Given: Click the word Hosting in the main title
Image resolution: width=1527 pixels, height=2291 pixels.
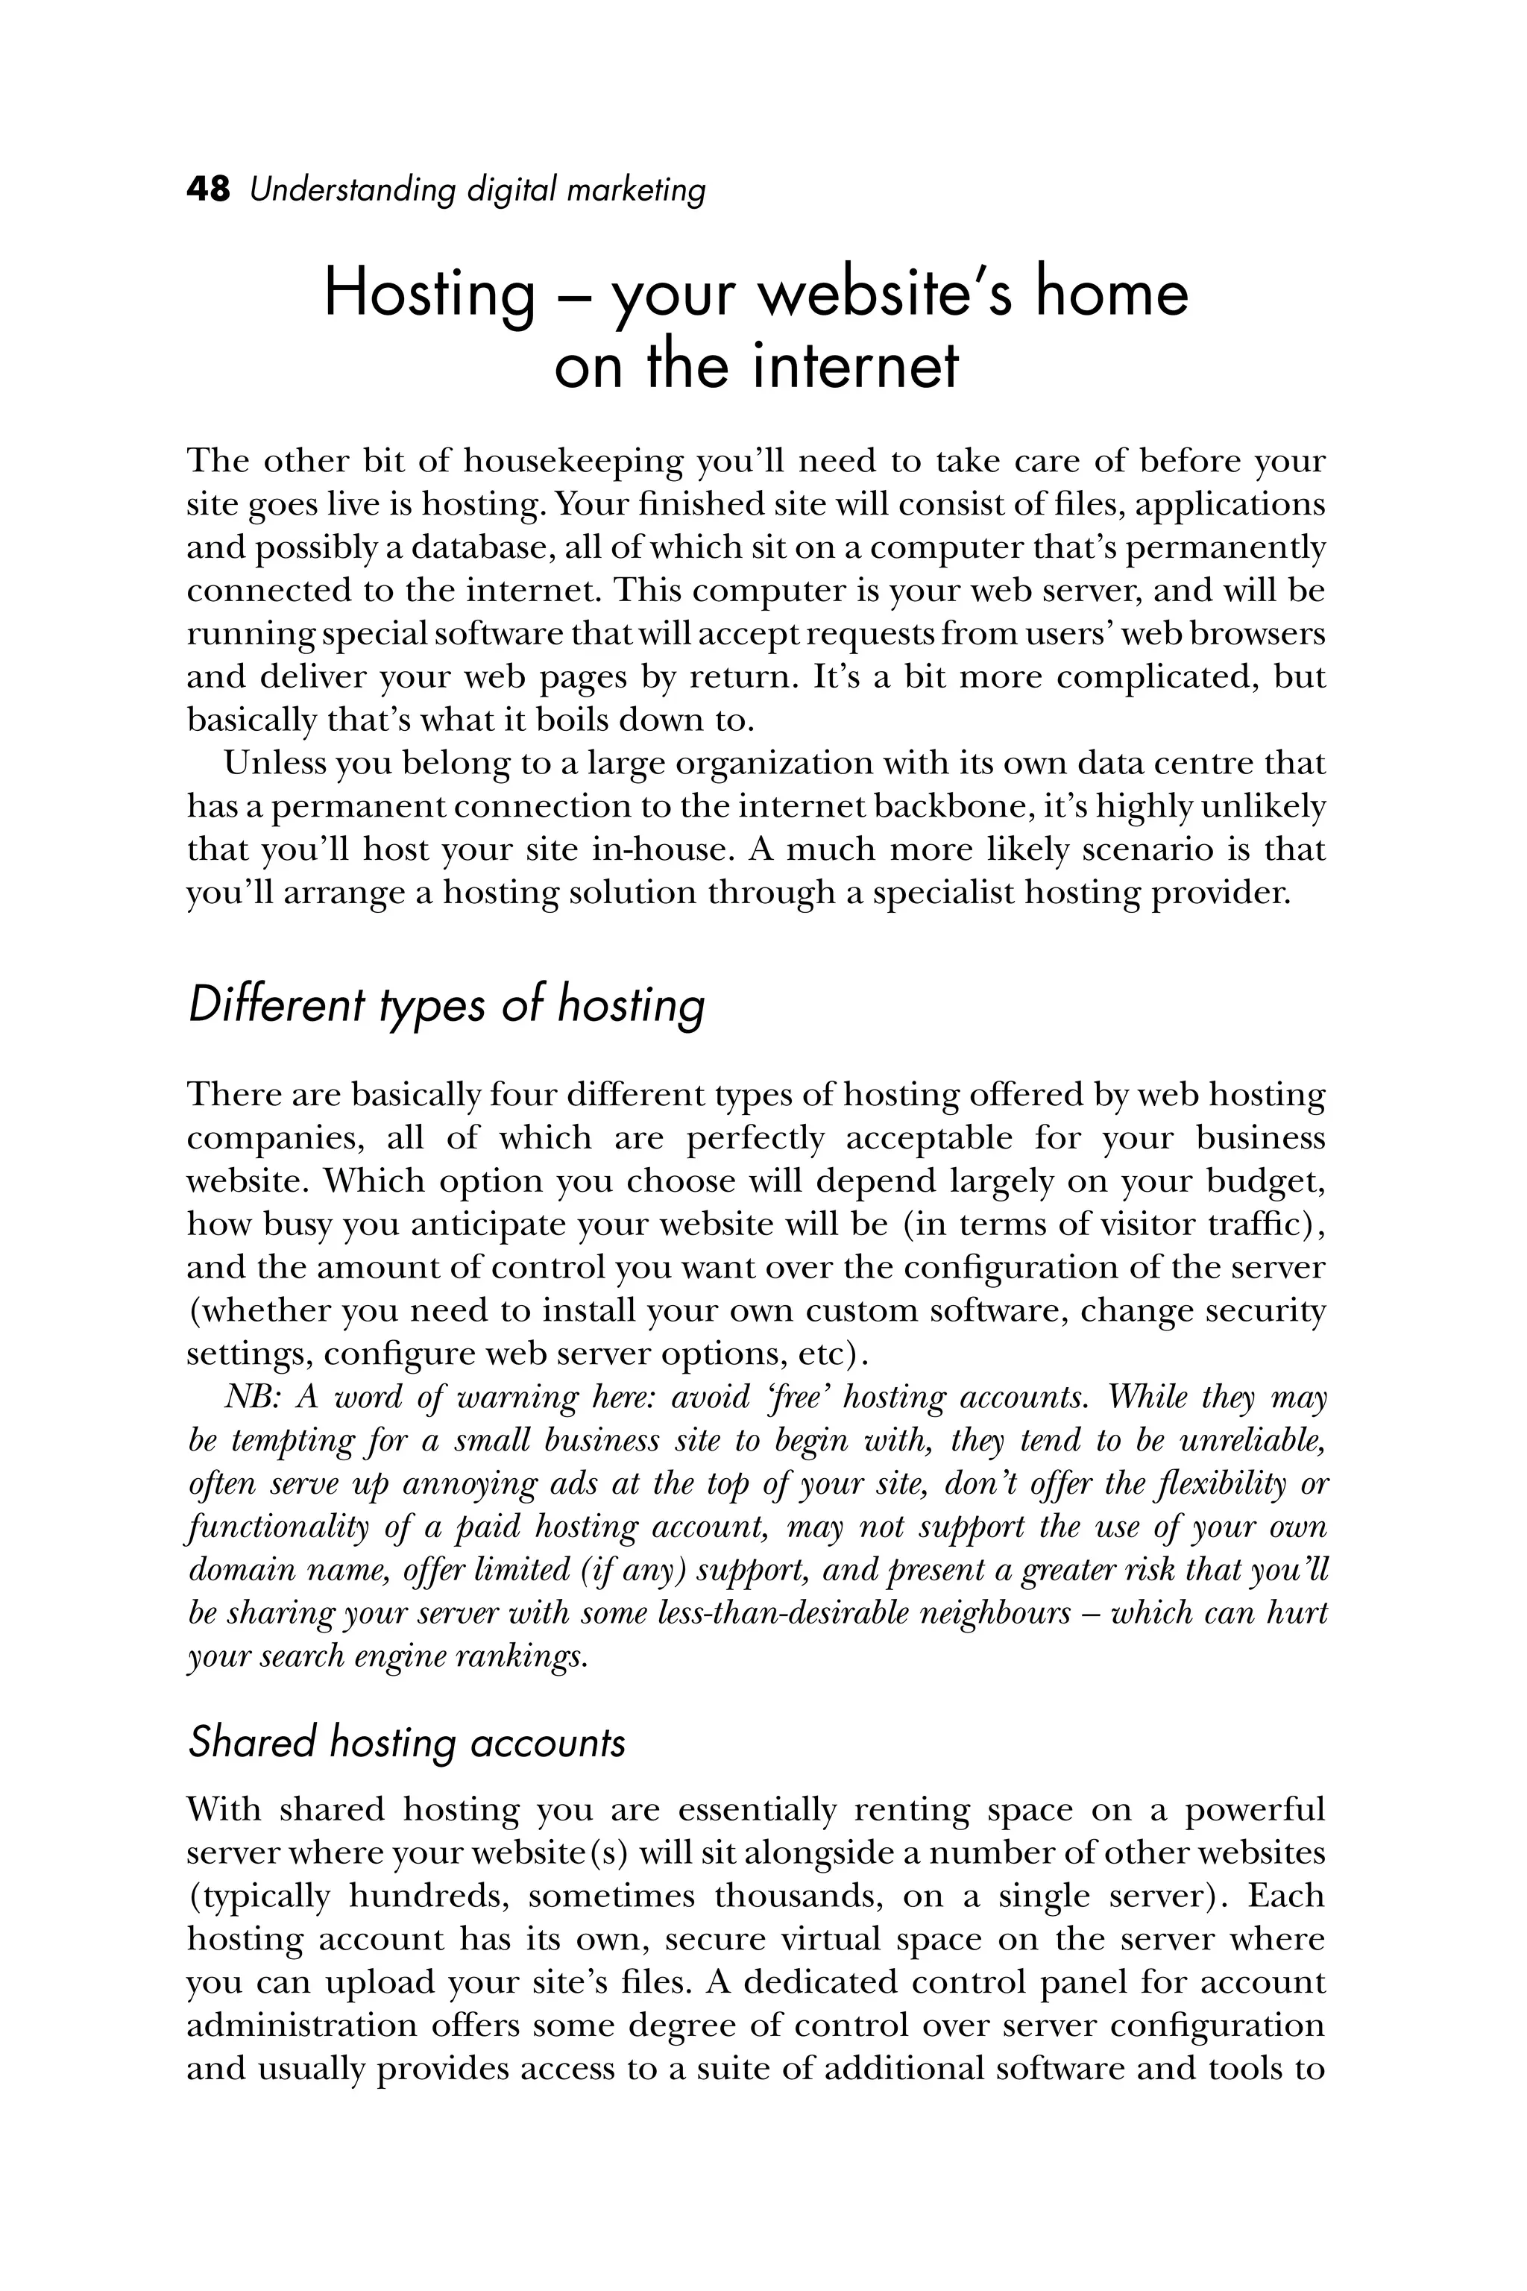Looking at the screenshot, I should [x=429, y=294].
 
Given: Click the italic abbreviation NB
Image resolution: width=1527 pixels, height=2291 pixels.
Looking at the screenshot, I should [x=251, y=1397].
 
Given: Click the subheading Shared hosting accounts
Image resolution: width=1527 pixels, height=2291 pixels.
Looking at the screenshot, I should [x=406, y=1741].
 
